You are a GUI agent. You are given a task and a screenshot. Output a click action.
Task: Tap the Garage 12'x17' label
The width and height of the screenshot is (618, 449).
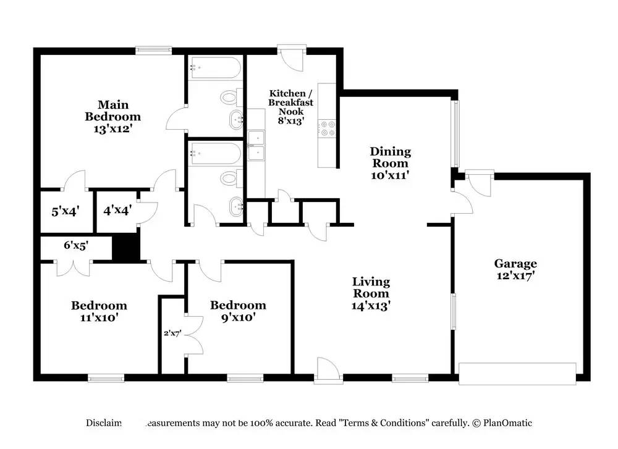click(x=515, y=269)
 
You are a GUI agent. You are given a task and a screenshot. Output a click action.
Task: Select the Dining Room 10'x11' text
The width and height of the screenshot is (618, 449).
click(x=390, y=163)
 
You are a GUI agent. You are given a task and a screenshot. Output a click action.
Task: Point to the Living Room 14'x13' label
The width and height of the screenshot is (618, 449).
click(x=371, y=293)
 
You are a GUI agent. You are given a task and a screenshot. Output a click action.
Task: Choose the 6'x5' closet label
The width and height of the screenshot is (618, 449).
click(x=76, y=245)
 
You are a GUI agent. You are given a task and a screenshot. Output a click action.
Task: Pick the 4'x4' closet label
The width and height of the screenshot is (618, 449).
click(x=116, y=211)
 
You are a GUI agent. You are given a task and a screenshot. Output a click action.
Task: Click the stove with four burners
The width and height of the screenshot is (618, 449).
click(x=328, y=128)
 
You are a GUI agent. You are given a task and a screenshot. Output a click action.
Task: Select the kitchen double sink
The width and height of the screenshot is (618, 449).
click(x=256, y=145)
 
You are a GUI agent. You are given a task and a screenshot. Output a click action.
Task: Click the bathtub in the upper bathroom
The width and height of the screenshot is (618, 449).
click(x=214, y=68)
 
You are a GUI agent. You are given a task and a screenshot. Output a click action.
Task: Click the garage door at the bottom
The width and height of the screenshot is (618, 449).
click(x=517, y=372)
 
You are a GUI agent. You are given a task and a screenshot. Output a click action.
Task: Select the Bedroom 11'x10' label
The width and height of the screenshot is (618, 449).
click(x=99, y=311)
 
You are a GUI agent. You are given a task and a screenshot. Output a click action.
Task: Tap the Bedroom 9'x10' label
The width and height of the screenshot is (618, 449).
click(x=238, y=311)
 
